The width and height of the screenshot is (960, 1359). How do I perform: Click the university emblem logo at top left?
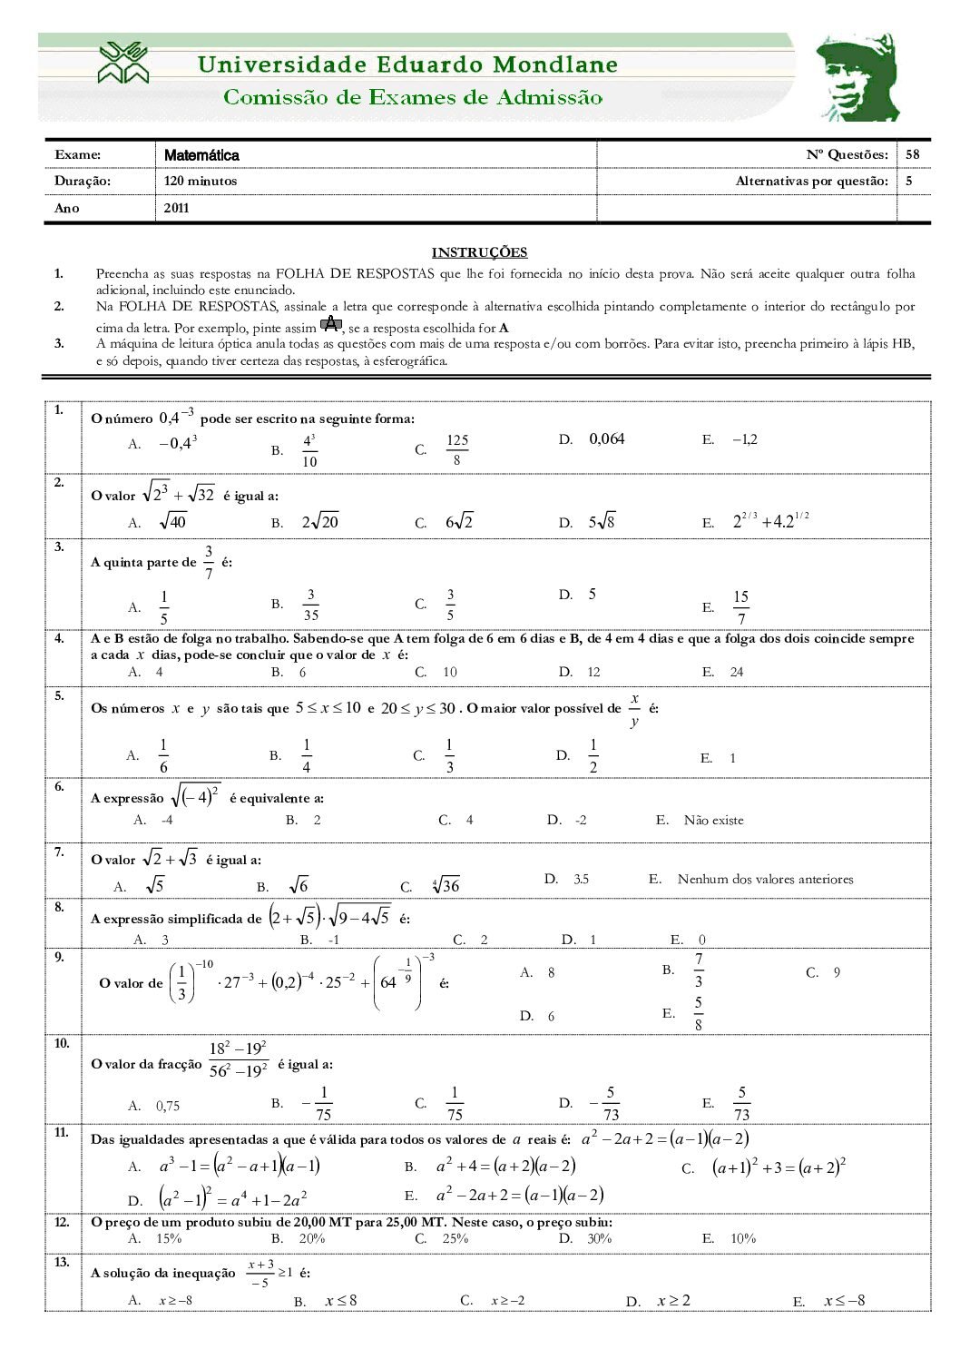click(x=124, y=62)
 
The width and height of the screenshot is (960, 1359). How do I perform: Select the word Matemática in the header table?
click(x=201, y=155)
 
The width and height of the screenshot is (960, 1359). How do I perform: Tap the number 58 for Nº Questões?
click(x=912, y=154)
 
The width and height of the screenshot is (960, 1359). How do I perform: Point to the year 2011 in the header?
click(x=176, y=208)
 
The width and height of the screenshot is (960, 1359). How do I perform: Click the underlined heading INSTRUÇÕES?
click(x=479, y=252)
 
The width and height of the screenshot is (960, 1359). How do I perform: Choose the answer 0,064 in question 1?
click(x=607, y=439)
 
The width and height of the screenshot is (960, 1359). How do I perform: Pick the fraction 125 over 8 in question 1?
click(x=457, y=449)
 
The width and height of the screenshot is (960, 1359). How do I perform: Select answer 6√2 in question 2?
click(x=459, y=522)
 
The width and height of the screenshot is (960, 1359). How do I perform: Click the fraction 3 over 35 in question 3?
click(x=310, y=605)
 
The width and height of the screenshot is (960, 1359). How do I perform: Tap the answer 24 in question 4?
click(x=737, y=672)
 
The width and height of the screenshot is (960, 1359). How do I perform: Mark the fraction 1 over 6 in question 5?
click(x=163, y=755)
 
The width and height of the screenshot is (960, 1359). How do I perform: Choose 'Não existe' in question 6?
click(x=713, y=820)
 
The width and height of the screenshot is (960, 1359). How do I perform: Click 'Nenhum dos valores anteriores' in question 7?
click(x=765, y=879)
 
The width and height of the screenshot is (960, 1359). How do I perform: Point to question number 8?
click(x=59, y=907)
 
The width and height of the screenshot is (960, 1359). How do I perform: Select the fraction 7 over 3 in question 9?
click(x=699, y=970)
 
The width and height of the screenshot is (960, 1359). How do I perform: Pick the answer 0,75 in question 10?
click(x=168, y=1106)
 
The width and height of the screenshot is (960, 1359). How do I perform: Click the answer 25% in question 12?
click(x=455, y=1238)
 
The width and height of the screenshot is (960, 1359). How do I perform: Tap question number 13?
click(x=62, y=1263)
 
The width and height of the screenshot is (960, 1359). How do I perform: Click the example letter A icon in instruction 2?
click(x=331, y=326)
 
